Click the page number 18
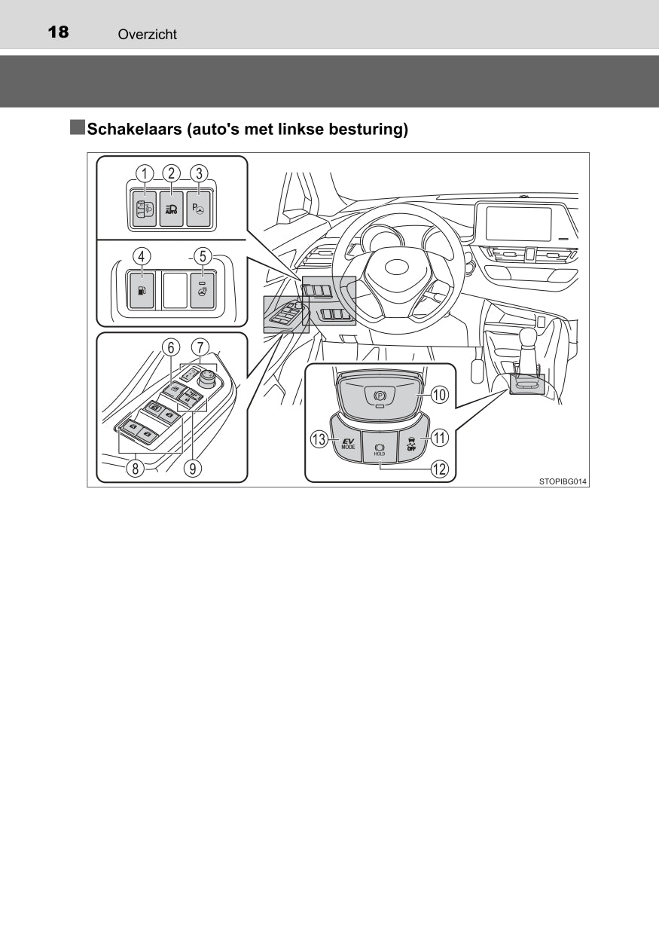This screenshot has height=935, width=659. [x=59, y=32]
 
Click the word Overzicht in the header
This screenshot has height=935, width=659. [x=148, y=34]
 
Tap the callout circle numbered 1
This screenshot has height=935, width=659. [x=145, y=173]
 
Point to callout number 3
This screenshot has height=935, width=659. [x=199, y=173]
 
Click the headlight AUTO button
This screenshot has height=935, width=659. [x=171, y=209]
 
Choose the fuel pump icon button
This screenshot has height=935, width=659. [x=141, y=289]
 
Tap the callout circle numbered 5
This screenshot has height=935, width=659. [x=203, y=256]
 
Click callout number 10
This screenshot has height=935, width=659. [x=440, y=395]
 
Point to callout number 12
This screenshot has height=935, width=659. [x=440, y=469]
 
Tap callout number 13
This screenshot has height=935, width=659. [x=319, y=439]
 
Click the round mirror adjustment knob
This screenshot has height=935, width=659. [x=208, y=377]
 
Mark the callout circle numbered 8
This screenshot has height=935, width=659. [x=136, y=469]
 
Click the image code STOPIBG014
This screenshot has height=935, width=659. [x=562, y=481]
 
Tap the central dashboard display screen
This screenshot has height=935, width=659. [x=524, y=224]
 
